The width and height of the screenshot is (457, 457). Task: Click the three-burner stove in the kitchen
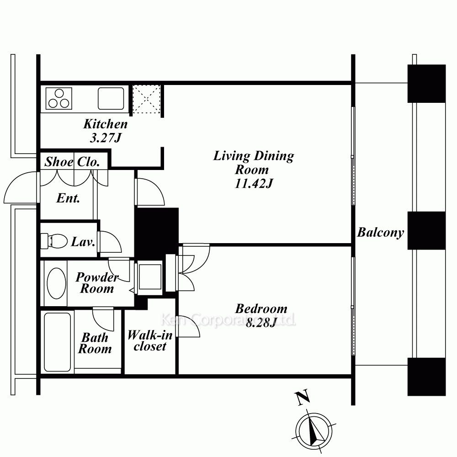(59, 99)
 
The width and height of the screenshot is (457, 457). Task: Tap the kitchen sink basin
(111, 99)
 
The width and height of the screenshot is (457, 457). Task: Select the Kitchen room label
(106, 124)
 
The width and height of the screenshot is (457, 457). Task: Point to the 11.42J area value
(254, 184)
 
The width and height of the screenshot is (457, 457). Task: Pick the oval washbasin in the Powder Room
(57, 283)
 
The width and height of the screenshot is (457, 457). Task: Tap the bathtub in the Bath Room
(58, 342)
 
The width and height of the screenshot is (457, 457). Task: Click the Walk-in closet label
(150, 341)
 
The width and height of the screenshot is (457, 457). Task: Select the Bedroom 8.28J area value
(260, 323)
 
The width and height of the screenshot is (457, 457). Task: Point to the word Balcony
(381, 232)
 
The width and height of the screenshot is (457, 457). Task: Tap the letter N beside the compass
(303, 398)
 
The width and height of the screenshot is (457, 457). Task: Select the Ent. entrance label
(68, 198)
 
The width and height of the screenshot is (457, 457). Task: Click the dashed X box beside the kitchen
(146, 99)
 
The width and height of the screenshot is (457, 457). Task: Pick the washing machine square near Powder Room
(150, 276)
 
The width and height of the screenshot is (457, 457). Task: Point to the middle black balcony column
(426, 230)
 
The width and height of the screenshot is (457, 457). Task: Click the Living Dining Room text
(254, 163)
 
